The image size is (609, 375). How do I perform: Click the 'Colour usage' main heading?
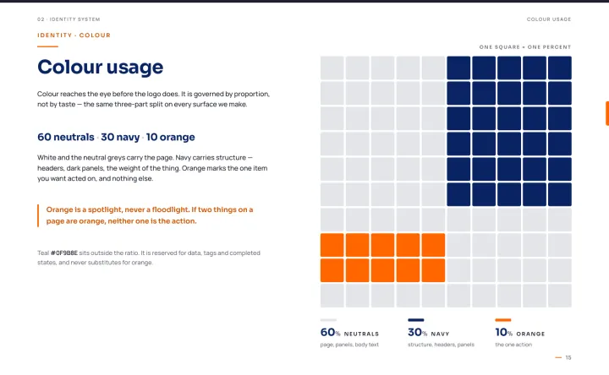click(100, 67)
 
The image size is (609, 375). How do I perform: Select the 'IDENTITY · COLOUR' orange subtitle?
click(74, 35)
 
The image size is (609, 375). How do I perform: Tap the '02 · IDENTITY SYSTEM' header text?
click(69, 19)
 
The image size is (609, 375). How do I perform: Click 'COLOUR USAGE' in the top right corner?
click(549, 19)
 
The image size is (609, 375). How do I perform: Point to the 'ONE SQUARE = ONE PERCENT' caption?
click(525, 47)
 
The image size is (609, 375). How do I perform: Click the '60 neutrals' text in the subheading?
click(66, 137)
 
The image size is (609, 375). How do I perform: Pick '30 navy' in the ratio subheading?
click(120, 137)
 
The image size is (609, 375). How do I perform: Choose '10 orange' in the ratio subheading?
click(171, 137)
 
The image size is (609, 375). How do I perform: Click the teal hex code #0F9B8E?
click(64, 253)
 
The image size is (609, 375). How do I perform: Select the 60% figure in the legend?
click(330, 332)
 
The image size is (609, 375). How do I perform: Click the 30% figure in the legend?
click(418, 332)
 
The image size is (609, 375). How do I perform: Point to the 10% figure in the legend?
click(504, 332)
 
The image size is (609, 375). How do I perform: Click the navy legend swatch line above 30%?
click(416, 320)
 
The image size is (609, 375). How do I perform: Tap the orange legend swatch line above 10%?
click(503, 320)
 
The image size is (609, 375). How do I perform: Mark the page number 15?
click(568, 357)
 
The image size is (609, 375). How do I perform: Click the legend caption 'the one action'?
click(513, 345)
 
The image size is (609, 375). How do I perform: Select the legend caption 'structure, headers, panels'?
click(441, 345)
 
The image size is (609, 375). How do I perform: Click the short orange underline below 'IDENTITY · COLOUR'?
click(47, 46)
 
